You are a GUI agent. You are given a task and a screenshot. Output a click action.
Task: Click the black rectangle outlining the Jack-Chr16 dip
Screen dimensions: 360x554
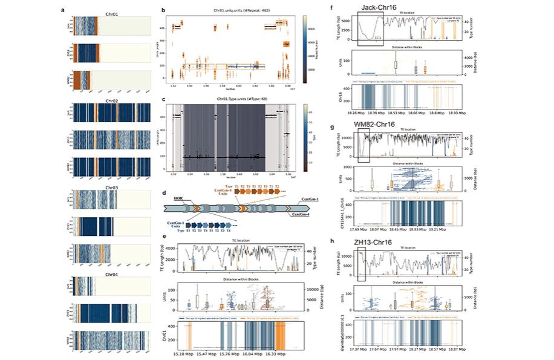pyautogui.click(x=370, y=30)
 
